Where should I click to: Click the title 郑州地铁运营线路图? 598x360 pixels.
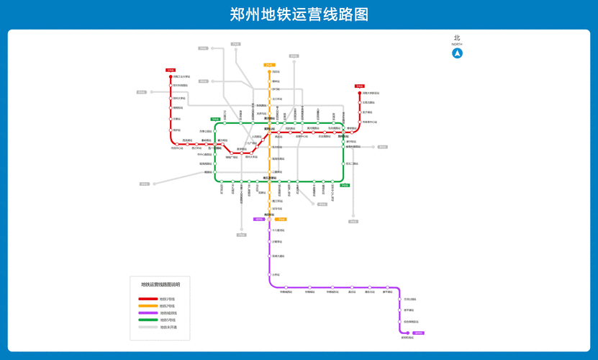point(299,14)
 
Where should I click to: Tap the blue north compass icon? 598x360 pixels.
point(457,53)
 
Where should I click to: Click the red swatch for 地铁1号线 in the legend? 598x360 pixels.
point(148,299)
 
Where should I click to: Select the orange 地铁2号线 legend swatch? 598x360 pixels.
point(148,306)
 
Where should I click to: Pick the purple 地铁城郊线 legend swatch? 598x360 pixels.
point(148,313)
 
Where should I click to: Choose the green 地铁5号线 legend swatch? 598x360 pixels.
point(148,320)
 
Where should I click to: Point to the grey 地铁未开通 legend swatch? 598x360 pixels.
point(148,328)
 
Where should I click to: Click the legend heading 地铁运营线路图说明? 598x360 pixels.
point(160,285)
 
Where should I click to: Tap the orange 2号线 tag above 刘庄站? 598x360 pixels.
point(269,65)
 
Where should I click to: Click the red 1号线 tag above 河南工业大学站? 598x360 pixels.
point(171,71)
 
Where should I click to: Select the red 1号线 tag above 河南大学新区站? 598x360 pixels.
point(360,86)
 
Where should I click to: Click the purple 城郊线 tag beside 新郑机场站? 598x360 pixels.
point(418,333)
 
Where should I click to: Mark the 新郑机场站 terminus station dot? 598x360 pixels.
point(407,333)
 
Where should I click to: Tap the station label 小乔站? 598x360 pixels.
point(276,275)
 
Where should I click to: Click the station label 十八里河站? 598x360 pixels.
point(278,230)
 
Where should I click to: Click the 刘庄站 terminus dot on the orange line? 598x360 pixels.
point(269,72)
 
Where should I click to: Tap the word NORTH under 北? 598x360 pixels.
point(457,45)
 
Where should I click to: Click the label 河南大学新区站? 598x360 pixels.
point(371,93)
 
